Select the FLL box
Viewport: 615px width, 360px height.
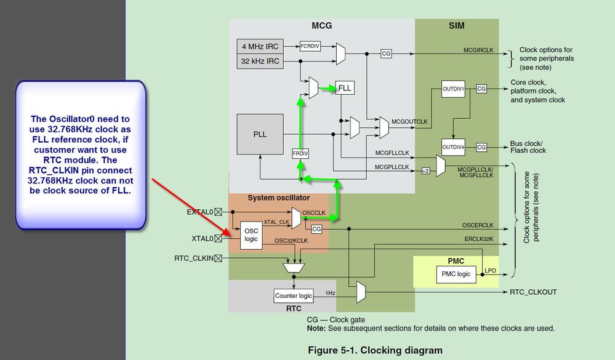click(345, 89)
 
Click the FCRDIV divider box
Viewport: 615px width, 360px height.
click(310, 46)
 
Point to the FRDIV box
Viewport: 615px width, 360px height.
click(300, 153)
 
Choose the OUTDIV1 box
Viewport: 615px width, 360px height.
click(454, 89)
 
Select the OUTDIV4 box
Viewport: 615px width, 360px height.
click(454, 147)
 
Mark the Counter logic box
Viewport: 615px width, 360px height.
click(293, 296)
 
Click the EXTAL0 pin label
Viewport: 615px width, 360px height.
click(199, 212)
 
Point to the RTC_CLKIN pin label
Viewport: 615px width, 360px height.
click(193, 258)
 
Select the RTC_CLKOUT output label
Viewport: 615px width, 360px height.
click(533, 292)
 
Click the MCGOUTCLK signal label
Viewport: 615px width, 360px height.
click(409, 122)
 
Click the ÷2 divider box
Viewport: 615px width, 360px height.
click(425, 170)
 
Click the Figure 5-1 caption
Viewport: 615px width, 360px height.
click(375, 350)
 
